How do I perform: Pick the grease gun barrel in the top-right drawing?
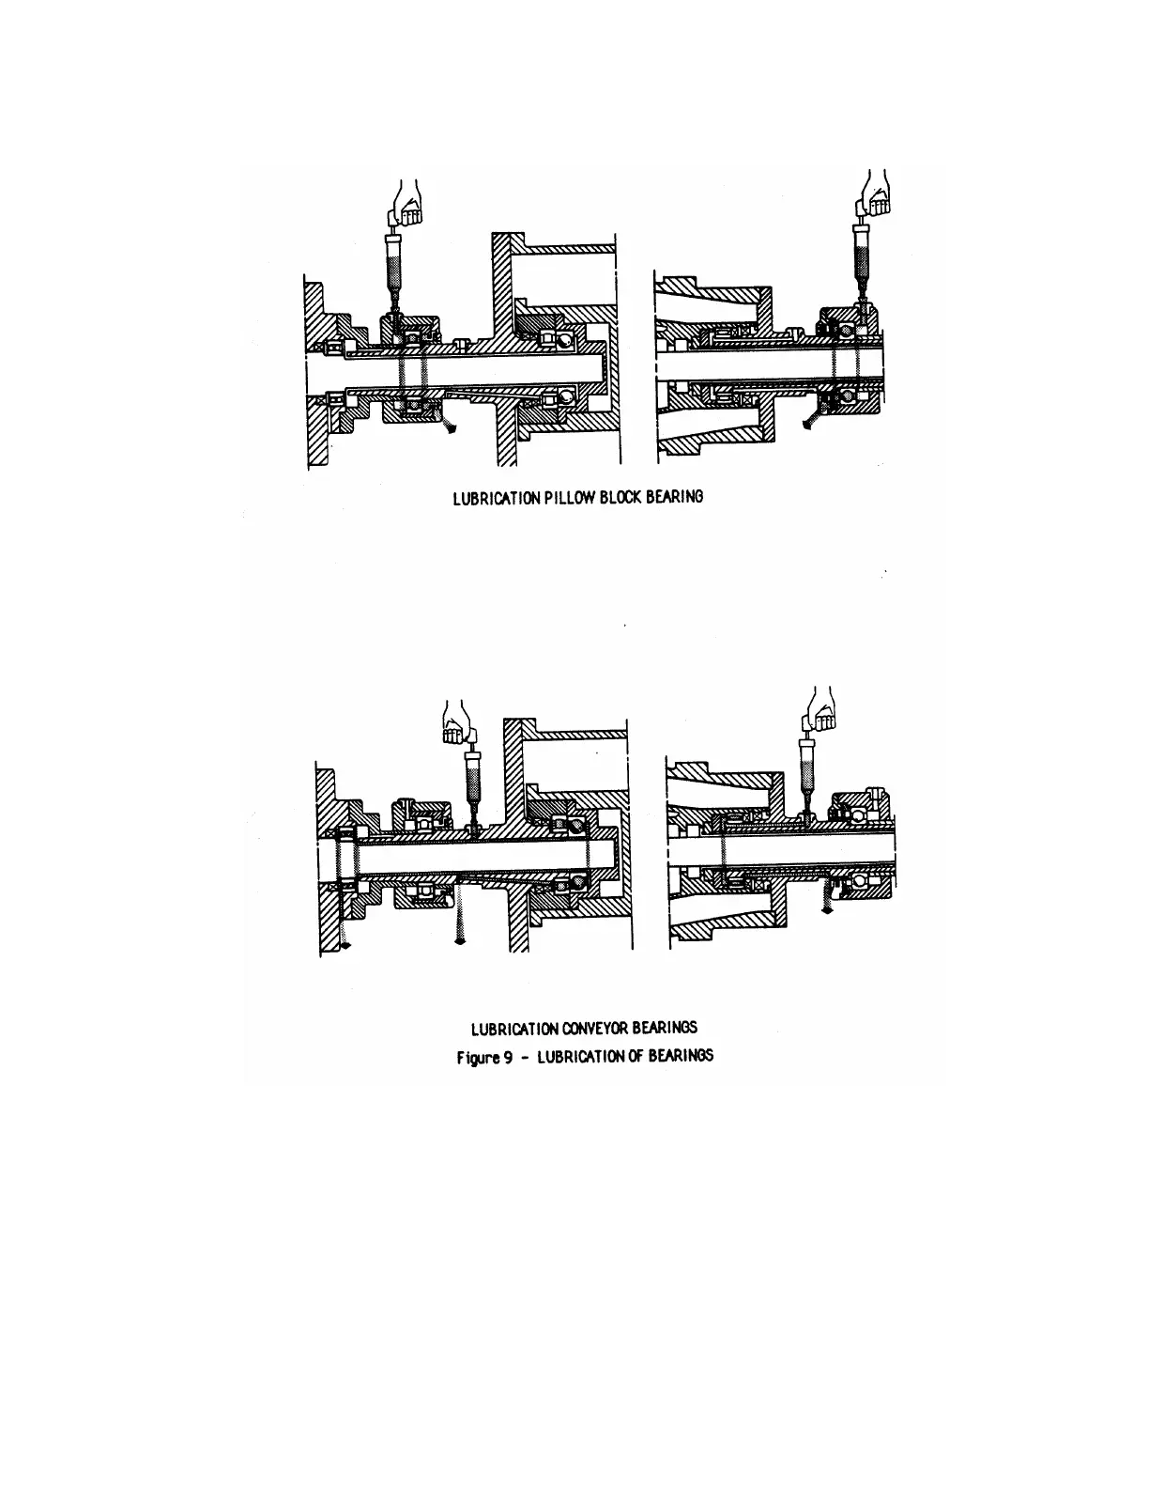coord(861,254)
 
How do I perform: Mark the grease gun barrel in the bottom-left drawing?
coord(473,779)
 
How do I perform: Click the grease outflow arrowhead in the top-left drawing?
coord(452,430)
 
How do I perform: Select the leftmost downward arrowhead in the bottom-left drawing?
coord(345,947)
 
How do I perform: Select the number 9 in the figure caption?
coord(503,1056)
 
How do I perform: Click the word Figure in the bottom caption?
coord(476,1056)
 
